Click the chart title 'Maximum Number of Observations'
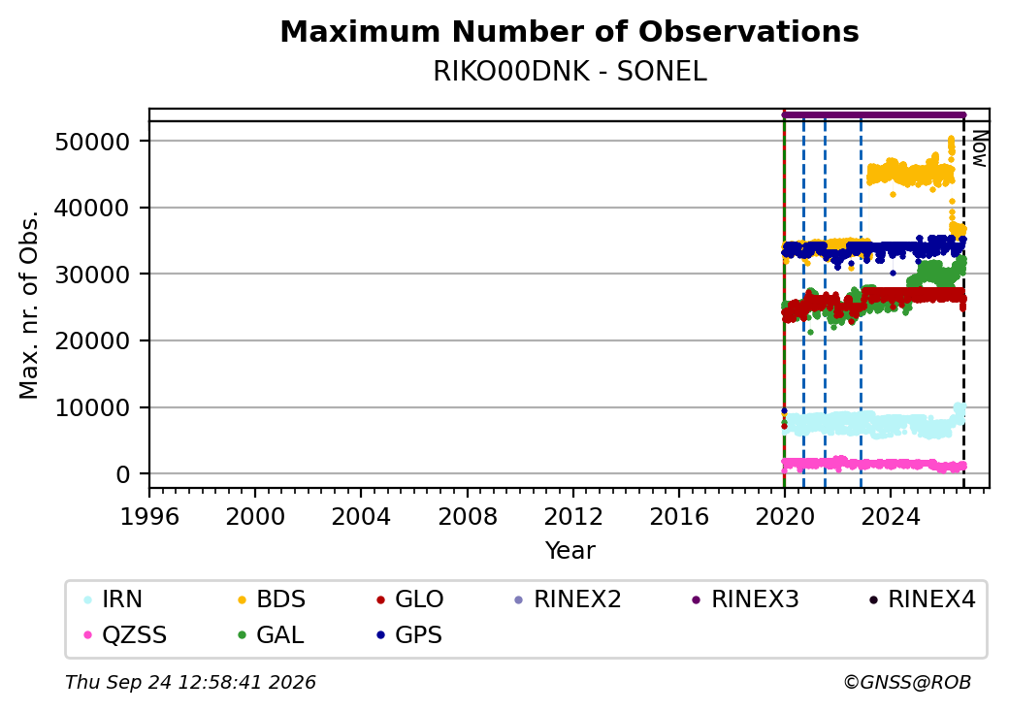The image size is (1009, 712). [570, 31]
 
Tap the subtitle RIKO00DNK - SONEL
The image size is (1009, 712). [570, 72]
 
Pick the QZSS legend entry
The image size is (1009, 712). [125, 635]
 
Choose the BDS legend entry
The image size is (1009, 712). [272, 599]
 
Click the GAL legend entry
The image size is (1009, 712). [271, 635]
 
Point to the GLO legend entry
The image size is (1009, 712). [409, 599]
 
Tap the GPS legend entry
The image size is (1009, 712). [409, 635]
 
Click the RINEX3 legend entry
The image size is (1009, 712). [745, 599]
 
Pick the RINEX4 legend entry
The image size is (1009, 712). [922, 599]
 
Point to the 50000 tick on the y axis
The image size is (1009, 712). [93, 142]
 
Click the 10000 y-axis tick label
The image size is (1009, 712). [93, 407]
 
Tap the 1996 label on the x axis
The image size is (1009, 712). [149, 516]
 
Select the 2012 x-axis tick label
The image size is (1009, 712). [573, 516]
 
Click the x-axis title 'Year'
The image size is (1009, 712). [570, 551]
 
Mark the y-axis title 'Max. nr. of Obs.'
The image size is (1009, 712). [29, 305]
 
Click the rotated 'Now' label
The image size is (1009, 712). [980, 149]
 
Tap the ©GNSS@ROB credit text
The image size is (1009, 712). [907, 682]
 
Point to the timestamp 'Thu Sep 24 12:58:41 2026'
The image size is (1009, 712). [190, 682]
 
